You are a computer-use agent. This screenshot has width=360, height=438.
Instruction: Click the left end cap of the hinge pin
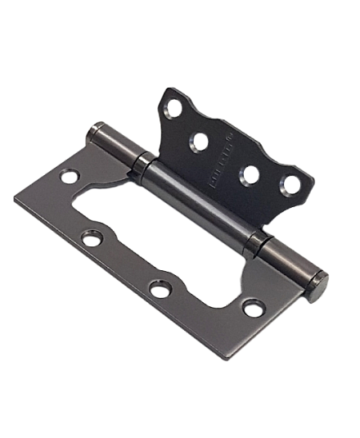pos(92,130)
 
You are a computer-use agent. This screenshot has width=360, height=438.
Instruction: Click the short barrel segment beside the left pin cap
pos(116,147)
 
